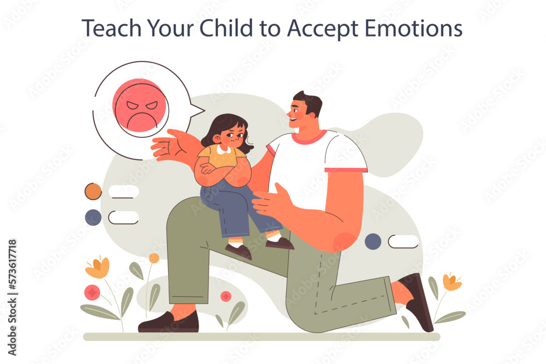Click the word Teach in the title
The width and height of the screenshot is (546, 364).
111,28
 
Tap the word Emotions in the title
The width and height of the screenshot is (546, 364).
413,28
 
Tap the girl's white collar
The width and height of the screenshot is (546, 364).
223,150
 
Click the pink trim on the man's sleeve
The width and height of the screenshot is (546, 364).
346,170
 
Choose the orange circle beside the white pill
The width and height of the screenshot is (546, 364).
93,192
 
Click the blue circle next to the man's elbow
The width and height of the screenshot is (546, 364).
373,242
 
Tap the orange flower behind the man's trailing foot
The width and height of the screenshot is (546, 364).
452,282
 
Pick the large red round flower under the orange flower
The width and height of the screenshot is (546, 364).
92,293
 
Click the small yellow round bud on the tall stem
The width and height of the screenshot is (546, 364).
154,258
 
